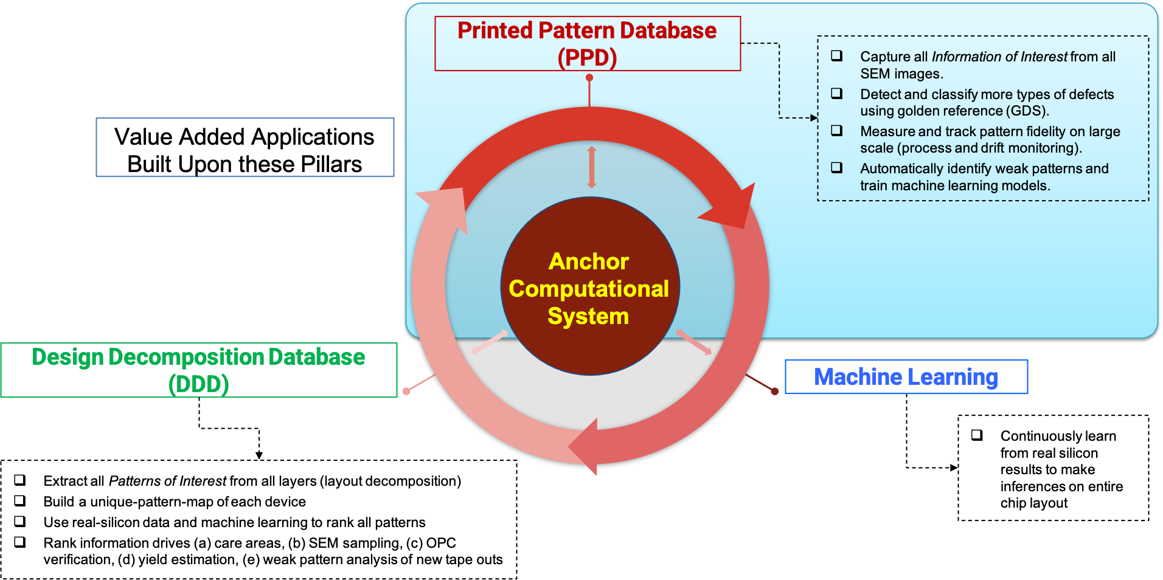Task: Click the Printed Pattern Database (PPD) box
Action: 588,44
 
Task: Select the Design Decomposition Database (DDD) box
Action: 199,370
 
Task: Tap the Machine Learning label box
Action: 906,377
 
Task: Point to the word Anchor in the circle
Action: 589,261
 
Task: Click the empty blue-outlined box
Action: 245,148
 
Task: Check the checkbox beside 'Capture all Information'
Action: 837,56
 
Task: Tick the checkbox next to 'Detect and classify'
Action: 837,94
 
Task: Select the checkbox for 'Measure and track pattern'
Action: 837,131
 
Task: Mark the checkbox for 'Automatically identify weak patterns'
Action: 837,168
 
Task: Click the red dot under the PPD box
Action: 589,78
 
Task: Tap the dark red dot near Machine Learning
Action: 774,391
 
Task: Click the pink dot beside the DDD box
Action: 406,391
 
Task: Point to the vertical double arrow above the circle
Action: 591,167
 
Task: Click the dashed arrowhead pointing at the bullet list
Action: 814,118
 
